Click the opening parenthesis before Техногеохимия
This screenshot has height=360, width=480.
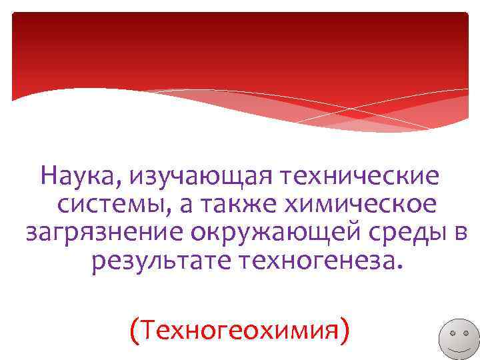coord(135,329)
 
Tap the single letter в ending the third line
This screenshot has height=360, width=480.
coord(461,234)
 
